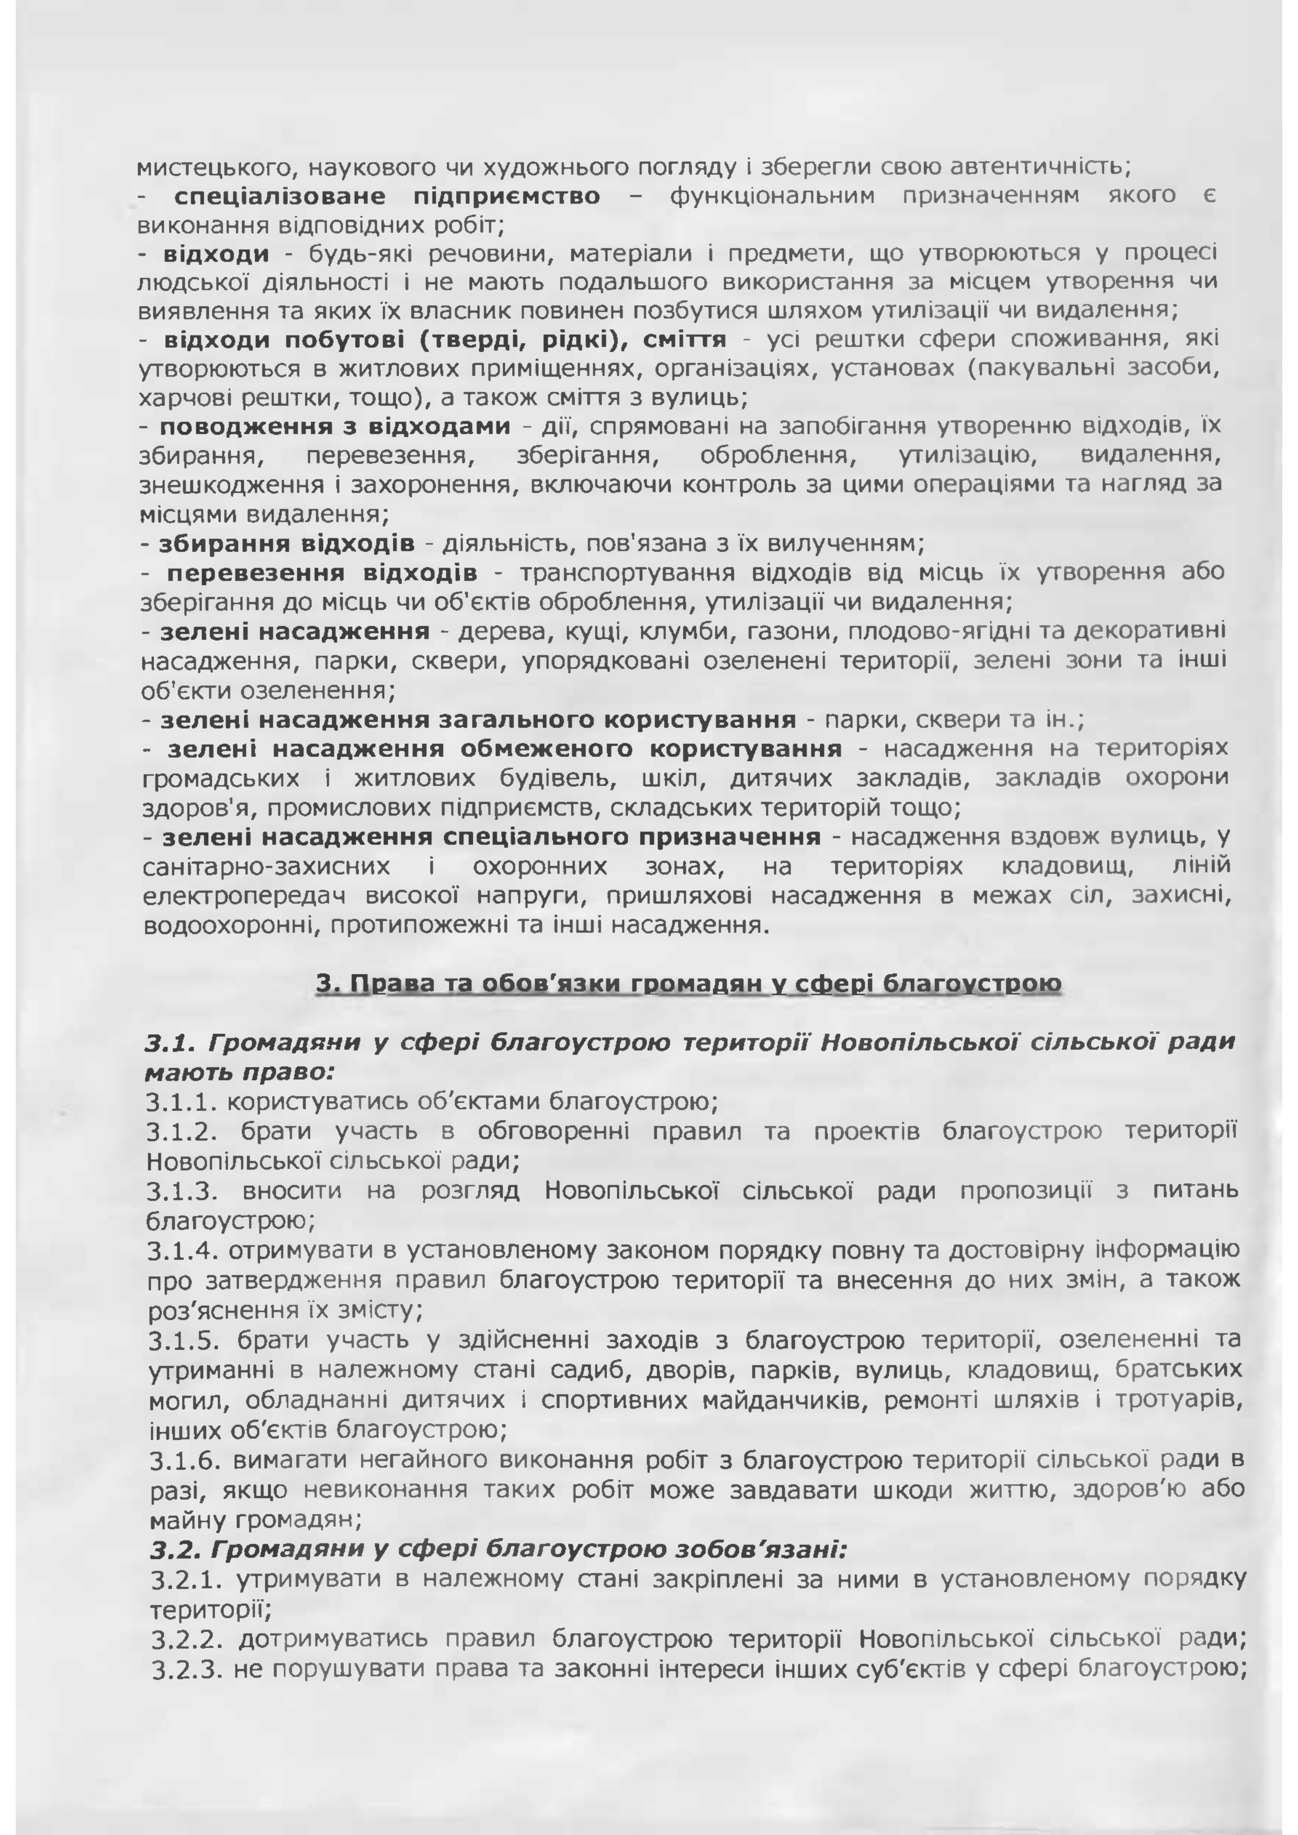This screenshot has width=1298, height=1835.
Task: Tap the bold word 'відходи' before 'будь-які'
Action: point(216,254)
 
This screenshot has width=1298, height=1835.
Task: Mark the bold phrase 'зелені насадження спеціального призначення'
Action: point(492,837)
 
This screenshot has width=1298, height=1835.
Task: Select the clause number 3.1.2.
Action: point(183,1132)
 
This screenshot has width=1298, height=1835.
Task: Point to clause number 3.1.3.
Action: point(183,1191)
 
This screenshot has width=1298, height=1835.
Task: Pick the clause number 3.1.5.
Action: point(185,1339)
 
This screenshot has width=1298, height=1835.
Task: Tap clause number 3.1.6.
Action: point(186,1458)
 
